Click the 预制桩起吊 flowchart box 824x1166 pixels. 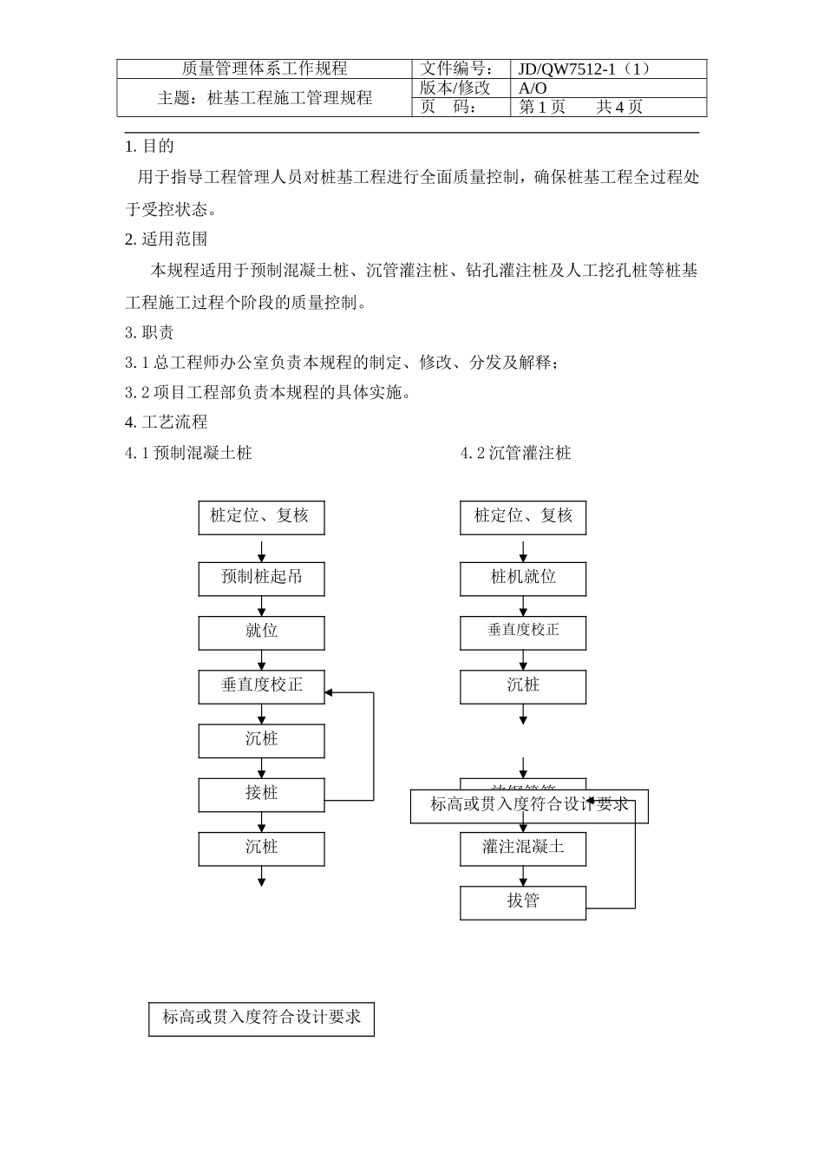(x=261, y=578)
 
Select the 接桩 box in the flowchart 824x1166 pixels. (x=261, y=793)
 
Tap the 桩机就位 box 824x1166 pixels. (x=523, y=578)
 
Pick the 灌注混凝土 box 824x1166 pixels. (x=523, y=848)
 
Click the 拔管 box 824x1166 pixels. (x=523, y=901)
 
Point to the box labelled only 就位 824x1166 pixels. (x=261, y=632)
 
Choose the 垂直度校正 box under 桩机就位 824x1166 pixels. (x=523, y=632)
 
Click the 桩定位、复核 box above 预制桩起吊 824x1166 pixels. (x=261, y=517)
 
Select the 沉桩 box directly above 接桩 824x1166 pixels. (x=261, y=740)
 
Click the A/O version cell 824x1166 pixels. (x=533, y=88)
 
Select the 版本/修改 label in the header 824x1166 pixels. (x=455, y=88)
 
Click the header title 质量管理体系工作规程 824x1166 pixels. (x=265, y=69)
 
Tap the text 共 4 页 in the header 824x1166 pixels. (x=619, y=108)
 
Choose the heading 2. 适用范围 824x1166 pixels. (x=167, y=239)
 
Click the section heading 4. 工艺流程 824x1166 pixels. (x=167, y=423)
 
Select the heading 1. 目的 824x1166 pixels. (x=150, y=147)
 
